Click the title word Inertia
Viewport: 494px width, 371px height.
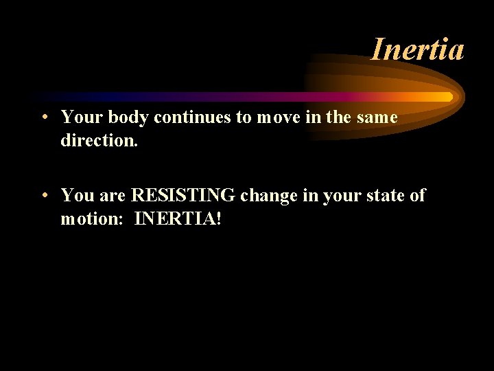pos(417,49)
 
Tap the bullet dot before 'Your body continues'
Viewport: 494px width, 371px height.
pos(43,118)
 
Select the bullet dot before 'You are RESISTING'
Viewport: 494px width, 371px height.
pos(43,196)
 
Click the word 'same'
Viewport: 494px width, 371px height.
pos(377,117)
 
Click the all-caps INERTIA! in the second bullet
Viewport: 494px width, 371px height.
pos(178,219)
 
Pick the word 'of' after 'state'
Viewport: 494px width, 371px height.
pos(417,196)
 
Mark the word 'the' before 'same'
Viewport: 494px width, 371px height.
pos(338,117)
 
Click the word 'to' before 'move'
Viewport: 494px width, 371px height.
pos(244,117)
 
